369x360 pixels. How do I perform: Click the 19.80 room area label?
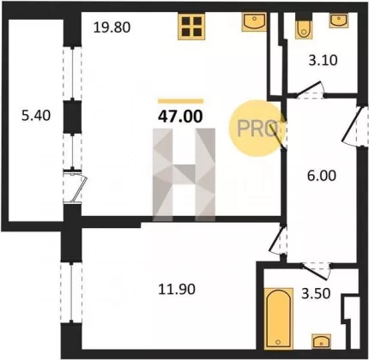[x=112, y=27]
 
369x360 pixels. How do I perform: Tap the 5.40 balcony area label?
[x=36, y=116]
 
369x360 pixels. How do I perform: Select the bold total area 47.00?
[x=180, y=117]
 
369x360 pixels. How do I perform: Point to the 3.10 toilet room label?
[x=323, y=60]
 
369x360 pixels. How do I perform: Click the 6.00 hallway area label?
[x=322, y=176]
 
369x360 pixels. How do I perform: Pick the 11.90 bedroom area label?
[x=177, y=289]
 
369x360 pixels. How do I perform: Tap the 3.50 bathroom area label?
[x=316, y=293]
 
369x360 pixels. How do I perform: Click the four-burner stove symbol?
[x=191, y=27]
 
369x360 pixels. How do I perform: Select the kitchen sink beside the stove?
[x=254, y=21]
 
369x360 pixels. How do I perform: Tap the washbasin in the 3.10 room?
[x=339, y=21]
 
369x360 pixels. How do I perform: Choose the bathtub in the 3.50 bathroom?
[x=278, y=318]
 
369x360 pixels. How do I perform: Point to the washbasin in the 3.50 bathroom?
[x=322, y=341]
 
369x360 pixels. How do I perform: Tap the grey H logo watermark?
[x=184, y=175]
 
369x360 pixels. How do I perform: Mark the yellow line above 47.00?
[x=180, y=101]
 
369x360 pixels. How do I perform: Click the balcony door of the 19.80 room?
[x=75, y=187]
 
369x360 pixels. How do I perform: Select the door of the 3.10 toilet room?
[x=311, y=91]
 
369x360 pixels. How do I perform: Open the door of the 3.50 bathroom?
[x=317, y=270]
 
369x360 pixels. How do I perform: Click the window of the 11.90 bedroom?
[x=71, y=292]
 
